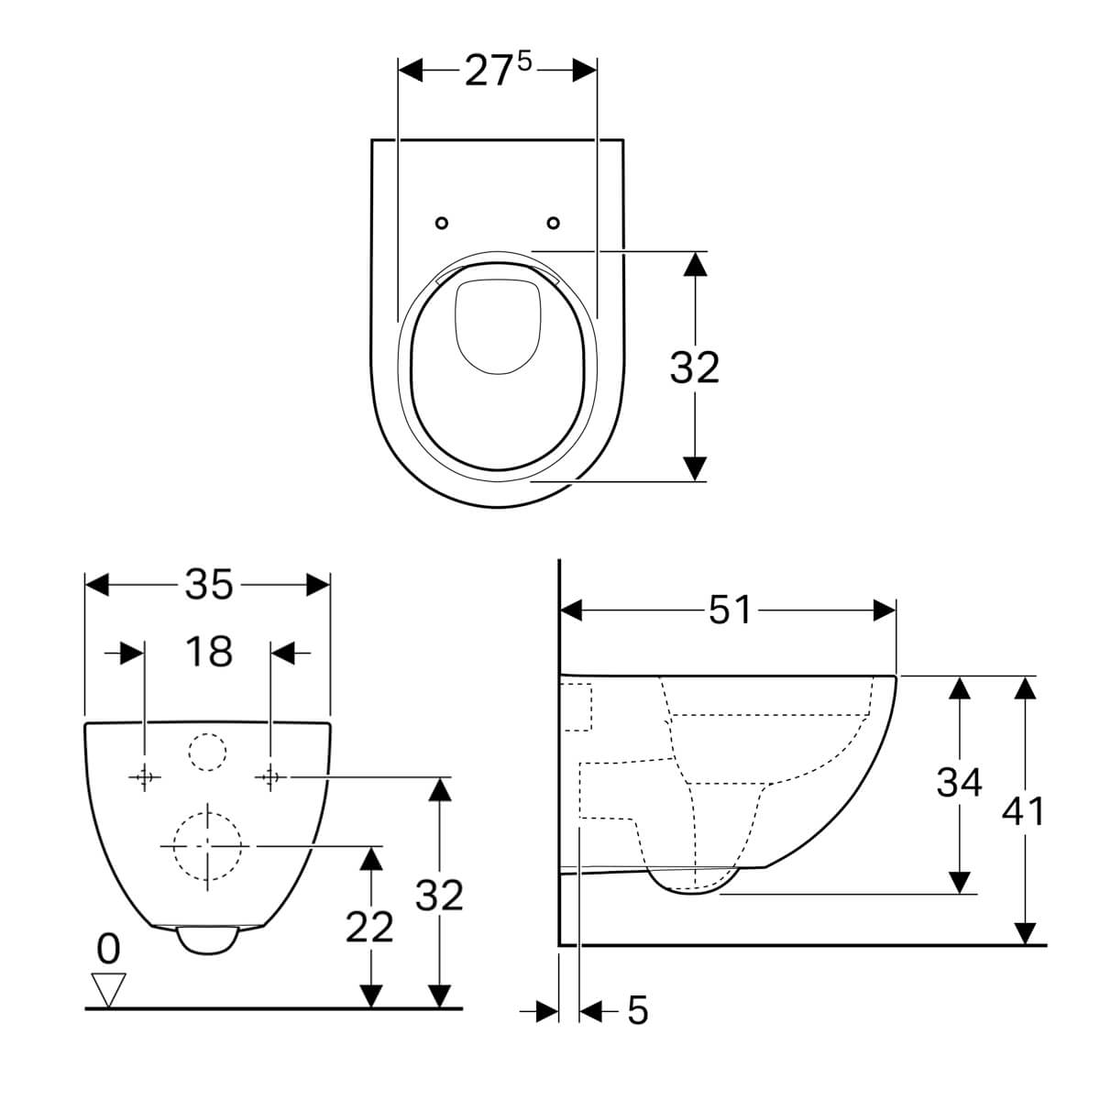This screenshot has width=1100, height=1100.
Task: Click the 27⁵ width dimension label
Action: [x=498, y=71]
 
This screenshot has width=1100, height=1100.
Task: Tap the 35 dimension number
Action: [x=209, y=585]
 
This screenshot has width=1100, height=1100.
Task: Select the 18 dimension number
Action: [x=209, y=652]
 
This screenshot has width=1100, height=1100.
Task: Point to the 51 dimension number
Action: [x=730, y=610]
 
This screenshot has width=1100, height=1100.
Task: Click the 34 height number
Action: [x=959, y=782]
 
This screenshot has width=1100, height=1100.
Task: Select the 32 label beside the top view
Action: [x=694, y=368]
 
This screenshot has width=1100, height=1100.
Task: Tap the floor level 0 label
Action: [x=108, y=950]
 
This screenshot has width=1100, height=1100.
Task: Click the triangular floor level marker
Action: [x=108, y=990]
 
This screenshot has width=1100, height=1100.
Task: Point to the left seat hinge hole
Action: [x=442, y=223]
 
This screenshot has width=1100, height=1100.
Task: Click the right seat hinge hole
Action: [x=553, y=223]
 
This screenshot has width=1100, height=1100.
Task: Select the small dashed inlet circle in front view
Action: [x=207, y=752]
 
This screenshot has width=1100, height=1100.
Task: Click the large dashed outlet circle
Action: [x=207, y=846]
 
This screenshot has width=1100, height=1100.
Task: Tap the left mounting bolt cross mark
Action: [x=145, y=777]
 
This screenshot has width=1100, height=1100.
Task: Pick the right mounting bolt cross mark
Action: [x=270, y=777]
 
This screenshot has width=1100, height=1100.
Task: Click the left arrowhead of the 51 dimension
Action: [x=571, y=610]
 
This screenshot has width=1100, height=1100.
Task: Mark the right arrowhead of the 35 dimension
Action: [x=318, y=585]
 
